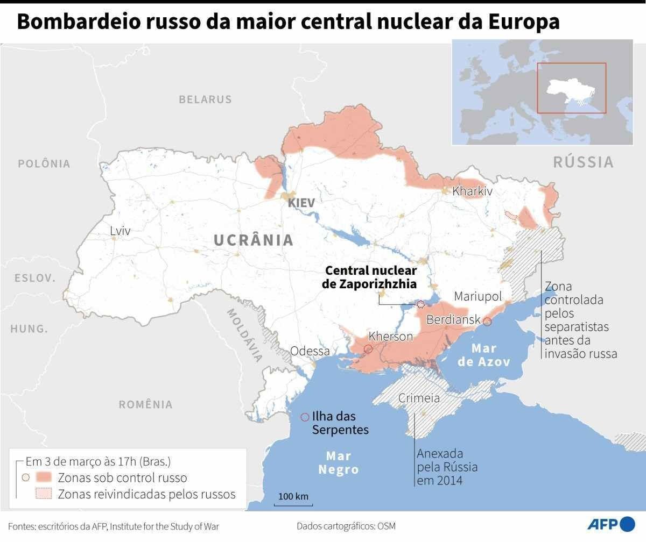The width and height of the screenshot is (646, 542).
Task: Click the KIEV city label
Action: (x=301, y=203)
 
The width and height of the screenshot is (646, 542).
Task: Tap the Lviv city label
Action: (x=120, y=231)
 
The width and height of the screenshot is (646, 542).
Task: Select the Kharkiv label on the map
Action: (x=472, y=191)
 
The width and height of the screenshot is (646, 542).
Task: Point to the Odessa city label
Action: (x=310, y=351)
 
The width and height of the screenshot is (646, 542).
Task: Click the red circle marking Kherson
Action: (x=368, y=349)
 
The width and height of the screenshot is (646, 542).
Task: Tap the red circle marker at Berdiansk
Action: (x=487, y=322)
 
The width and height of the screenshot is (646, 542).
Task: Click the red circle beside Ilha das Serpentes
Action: (x=305, y=417)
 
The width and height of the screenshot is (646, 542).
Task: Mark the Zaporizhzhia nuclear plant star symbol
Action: (x=420, y=304)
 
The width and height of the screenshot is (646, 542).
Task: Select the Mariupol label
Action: (x=478, y=296)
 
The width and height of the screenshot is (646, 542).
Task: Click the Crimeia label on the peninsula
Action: (x=419, y=398)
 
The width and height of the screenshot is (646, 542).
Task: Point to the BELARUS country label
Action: (x=205, y=99)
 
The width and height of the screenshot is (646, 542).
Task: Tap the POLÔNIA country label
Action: (x=44, y=163)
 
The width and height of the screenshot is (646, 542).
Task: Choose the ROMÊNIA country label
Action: (x=146, y=404)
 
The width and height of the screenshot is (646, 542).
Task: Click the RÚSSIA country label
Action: (x=584, y=162)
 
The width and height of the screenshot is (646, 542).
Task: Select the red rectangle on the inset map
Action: (x=571, y=88)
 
